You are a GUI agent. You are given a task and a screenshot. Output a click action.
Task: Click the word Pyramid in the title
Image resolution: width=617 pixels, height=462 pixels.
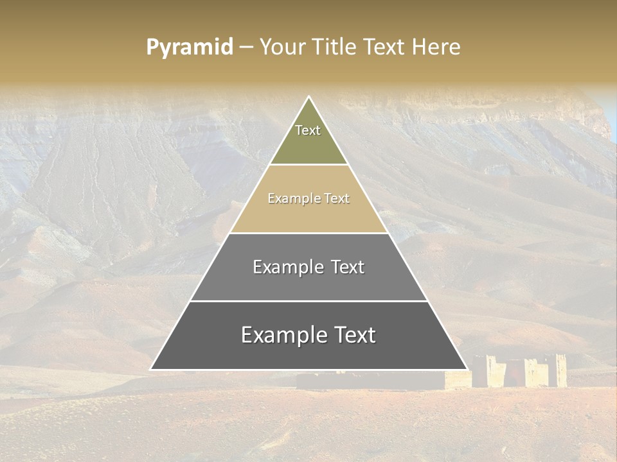coord(190,47)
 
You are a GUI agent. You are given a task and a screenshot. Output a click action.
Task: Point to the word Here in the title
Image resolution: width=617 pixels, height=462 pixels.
coord(436,47)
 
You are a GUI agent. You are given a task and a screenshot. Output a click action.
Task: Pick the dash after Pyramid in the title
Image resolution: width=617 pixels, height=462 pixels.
coord(246,47)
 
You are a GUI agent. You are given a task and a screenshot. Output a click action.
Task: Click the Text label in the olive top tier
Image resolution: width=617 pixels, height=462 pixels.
coord(308,130)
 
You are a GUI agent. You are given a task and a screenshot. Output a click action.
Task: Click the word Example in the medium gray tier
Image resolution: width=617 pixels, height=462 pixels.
coord(287,267)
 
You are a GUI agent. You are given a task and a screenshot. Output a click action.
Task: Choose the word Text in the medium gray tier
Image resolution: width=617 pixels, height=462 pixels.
coord(348,267)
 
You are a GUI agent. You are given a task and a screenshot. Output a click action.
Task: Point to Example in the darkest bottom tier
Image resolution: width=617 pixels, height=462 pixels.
coord(281,335)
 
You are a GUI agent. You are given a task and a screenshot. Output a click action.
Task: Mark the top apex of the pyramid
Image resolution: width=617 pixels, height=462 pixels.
coord(309,97)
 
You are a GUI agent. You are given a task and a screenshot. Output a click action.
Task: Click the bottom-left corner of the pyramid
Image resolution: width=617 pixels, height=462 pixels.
coord(152,369)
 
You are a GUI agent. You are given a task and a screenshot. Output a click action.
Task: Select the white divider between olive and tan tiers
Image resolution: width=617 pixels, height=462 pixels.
coord(308,165)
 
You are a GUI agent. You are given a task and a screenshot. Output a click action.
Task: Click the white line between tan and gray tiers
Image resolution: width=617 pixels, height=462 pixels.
coord(308,233)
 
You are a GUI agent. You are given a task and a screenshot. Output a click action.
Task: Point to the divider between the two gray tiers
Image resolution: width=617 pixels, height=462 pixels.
coord(308,301)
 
